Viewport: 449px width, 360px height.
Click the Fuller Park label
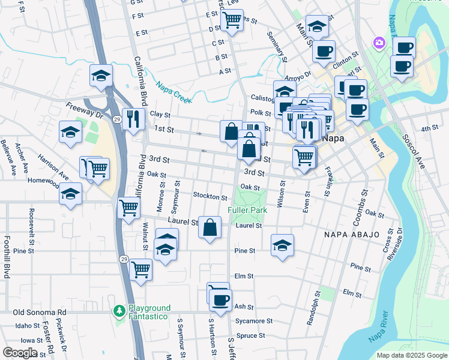[x=247, y=211]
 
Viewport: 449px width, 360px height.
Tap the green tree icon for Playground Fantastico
[x=119, y=310]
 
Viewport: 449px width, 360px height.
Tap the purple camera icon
[x=379, y=42]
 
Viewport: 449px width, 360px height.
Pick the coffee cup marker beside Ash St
[x=221, y=299]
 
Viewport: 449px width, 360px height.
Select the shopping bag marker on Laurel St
[x=209, y=227]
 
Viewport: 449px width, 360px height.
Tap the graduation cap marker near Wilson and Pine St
[x=282, y=245]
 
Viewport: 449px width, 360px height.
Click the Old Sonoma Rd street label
[x=40, y=313]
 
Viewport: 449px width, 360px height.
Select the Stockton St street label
[x=210, y=197]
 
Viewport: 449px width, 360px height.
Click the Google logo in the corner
[x=20, y=352]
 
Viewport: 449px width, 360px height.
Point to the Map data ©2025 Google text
[x=411, y=355]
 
